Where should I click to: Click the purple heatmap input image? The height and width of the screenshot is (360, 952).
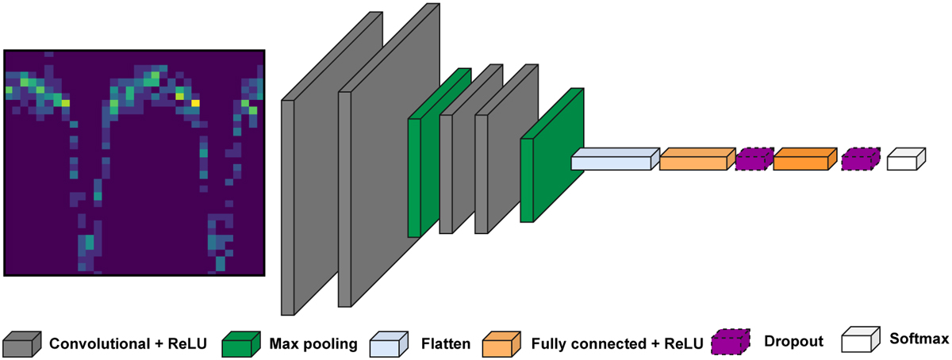(x=134, y=163)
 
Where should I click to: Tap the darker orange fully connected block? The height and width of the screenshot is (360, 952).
(x=802, y=161)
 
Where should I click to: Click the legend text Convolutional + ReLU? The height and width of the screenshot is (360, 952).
(x=128, y=343)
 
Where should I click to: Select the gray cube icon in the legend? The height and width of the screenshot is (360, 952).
(x=20, y=343)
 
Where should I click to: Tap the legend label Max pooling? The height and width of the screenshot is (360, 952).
(x=313, y=343)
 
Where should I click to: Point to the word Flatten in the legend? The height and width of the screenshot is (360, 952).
(x=447, y=343)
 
